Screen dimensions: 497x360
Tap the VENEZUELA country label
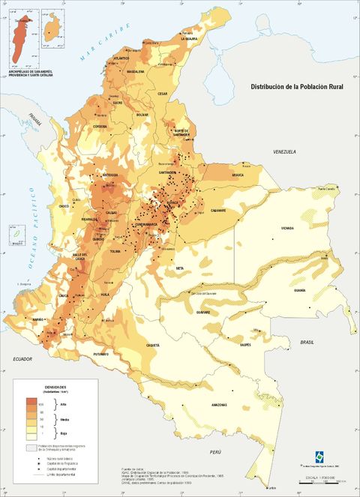pos(285,152)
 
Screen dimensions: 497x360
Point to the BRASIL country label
pos(307,342)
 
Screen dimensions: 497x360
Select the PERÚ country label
pos(216,453)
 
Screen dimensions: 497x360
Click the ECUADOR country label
pos(24,360)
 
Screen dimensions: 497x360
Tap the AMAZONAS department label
pos(218,406)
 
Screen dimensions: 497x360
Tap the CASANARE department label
pos(218,211)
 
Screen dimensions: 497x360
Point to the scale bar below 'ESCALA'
pos(325,481)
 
